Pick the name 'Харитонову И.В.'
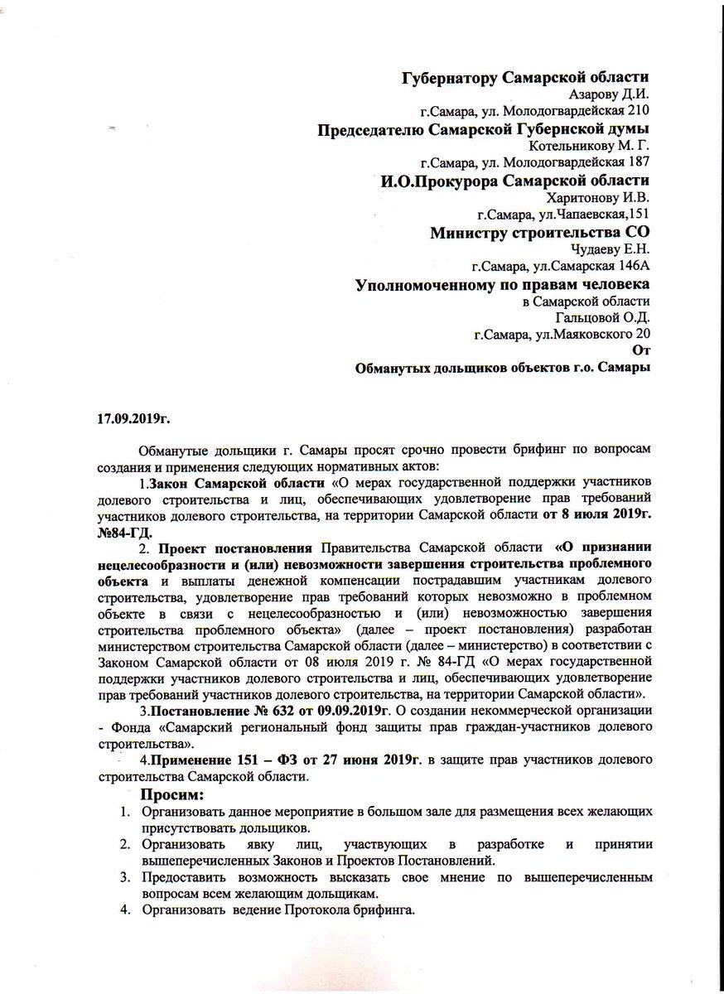click(x=599, y=197)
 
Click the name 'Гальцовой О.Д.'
click(x=602, y=317)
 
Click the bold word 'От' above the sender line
click(x=640, y=349)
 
